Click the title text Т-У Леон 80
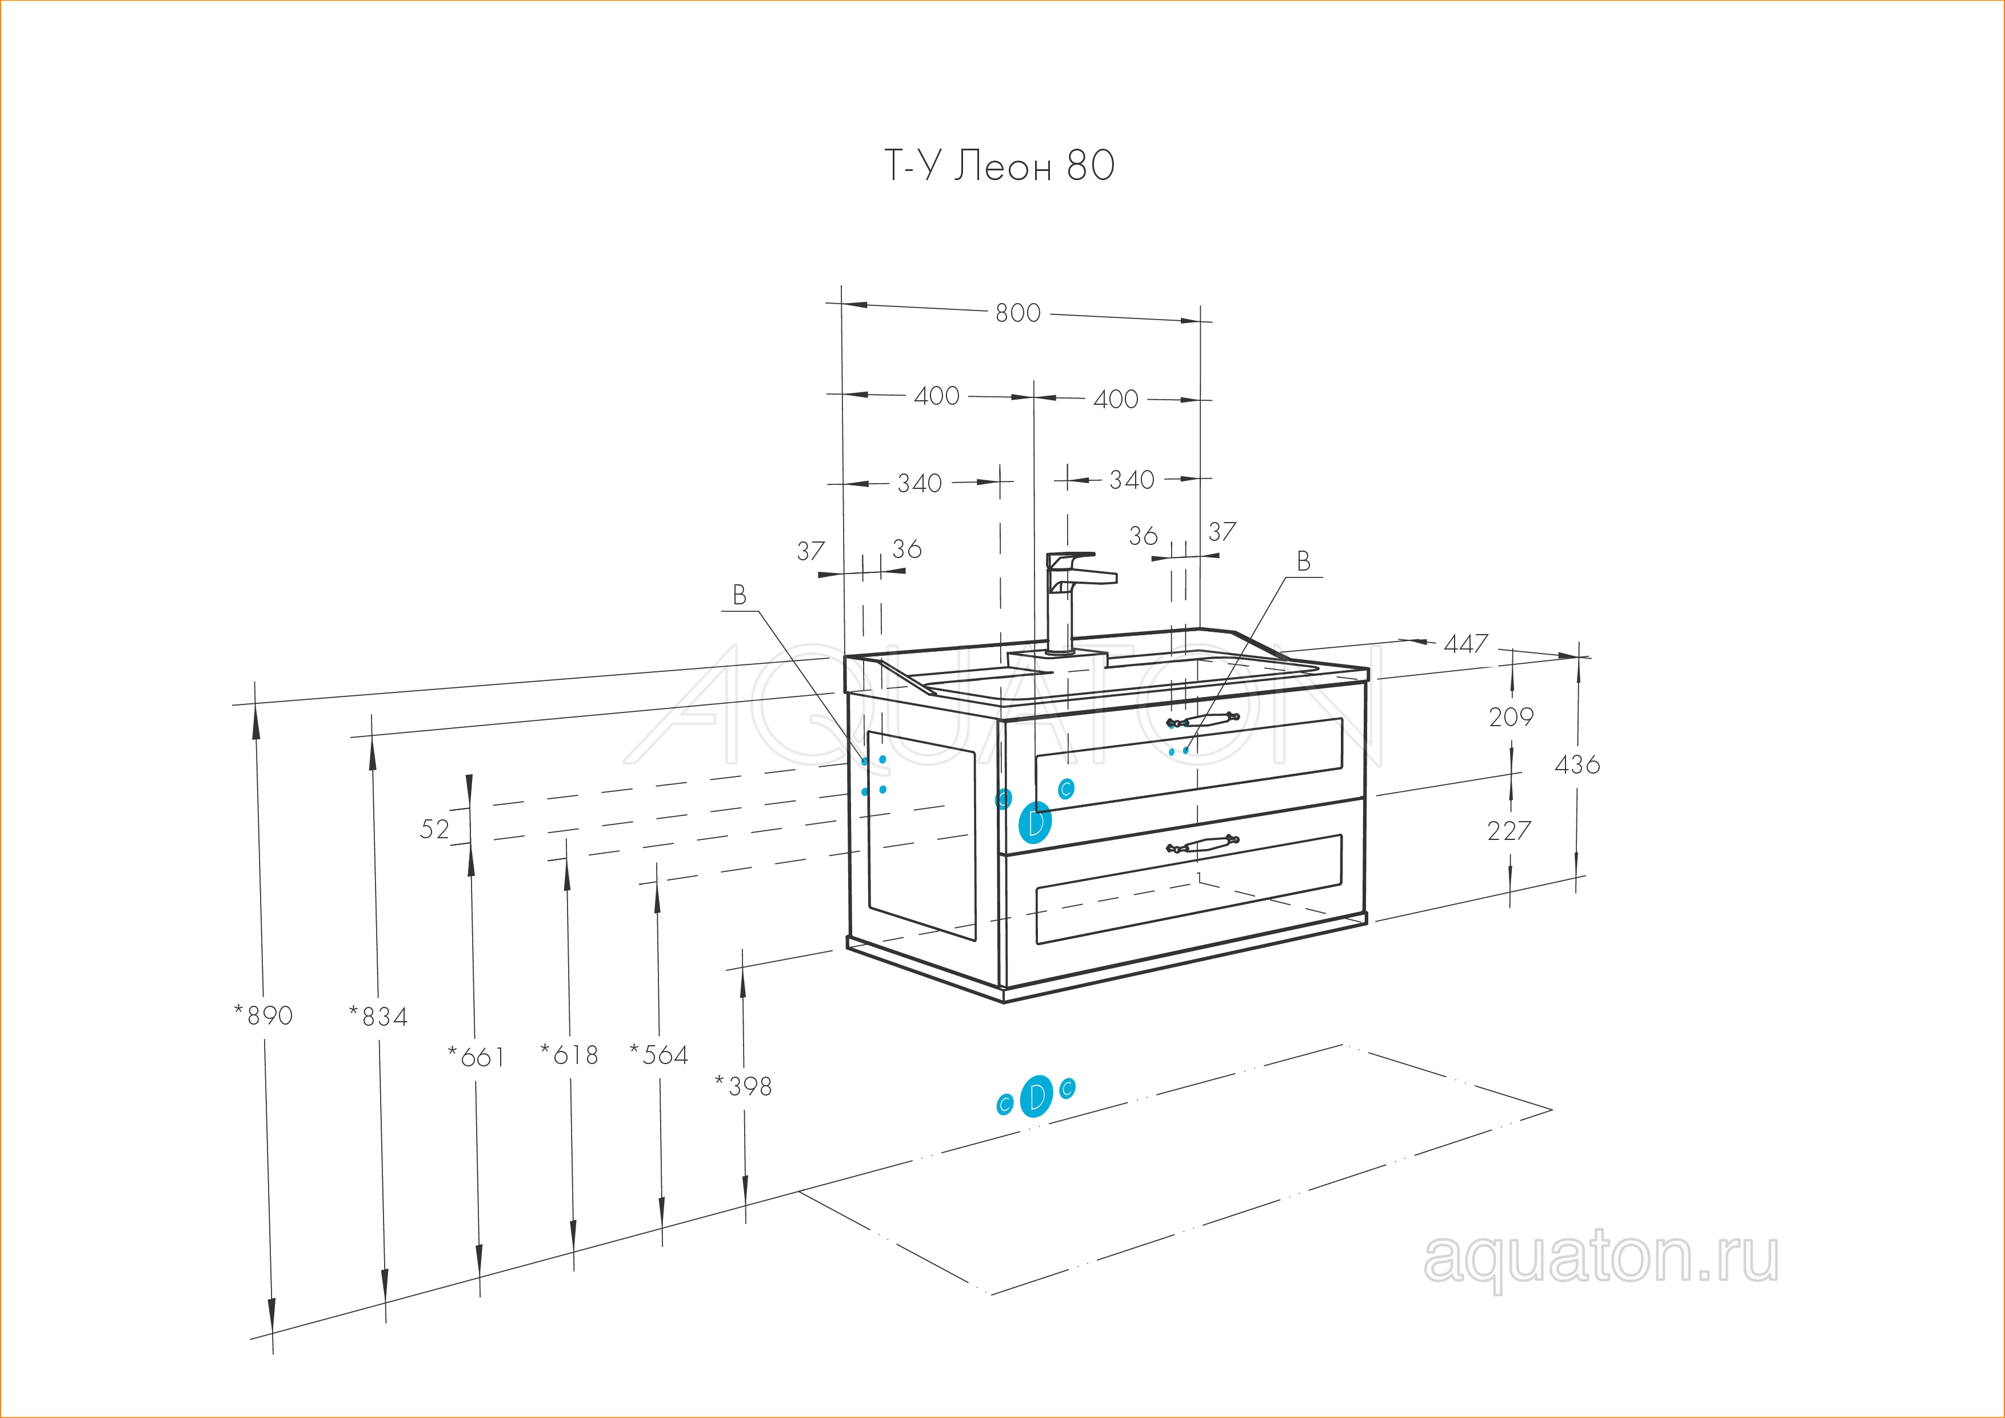(x=1000, y=166)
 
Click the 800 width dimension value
(x=1019, y=313)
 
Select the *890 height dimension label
(x=263, y=1015)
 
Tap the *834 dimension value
(x=378, y=1016)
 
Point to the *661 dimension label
(x=476, y=1057)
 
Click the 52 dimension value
(x=434, y=829)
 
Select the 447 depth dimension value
(x=1465, y=644)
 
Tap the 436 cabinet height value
(x=1577, y=764)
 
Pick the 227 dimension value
(x=1509, y=830)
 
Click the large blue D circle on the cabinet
(x=1035, y=822)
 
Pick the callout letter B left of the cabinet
(x=740, y=596)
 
